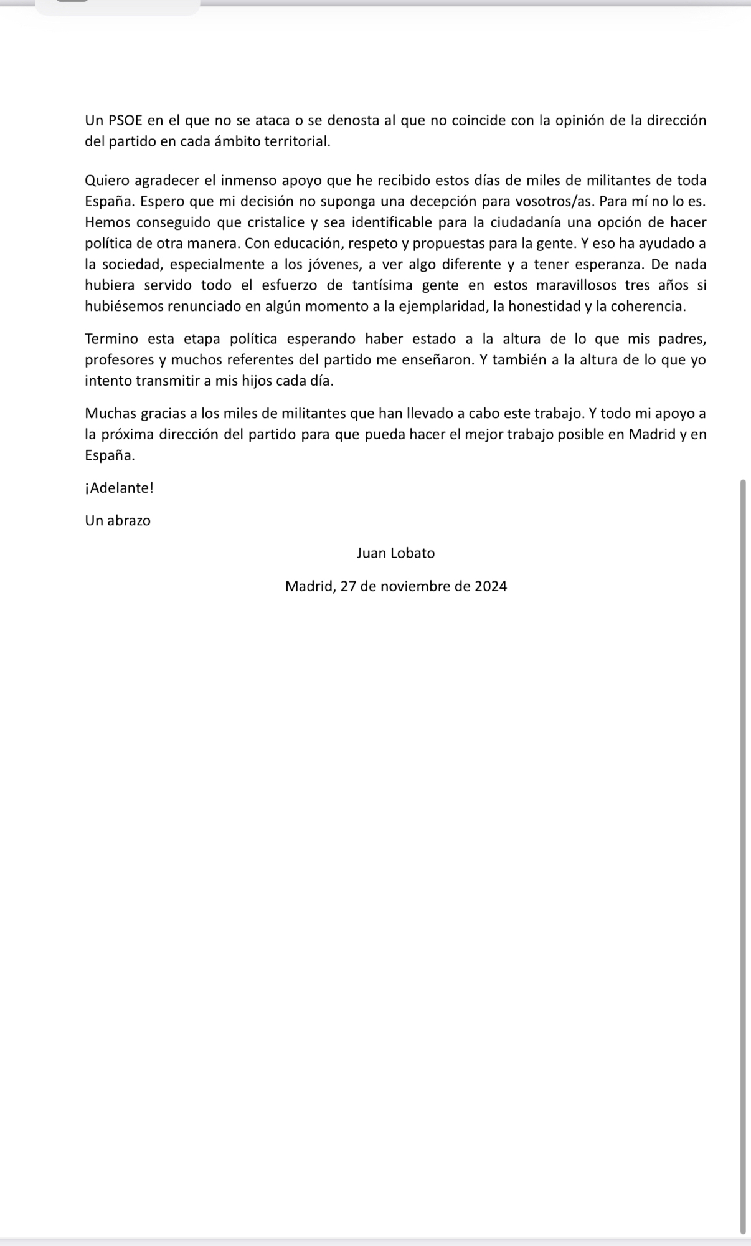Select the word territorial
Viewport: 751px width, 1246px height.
point(297,141)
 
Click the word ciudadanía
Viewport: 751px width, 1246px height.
point(525,222)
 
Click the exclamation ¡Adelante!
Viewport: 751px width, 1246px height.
point(119,488)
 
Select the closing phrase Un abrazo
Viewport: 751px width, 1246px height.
point(118,520)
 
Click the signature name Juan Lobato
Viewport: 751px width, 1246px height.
point(395,553)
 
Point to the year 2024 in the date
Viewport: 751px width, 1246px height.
point(491,586)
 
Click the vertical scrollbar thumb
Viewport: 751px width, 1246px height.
point(742,854)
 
